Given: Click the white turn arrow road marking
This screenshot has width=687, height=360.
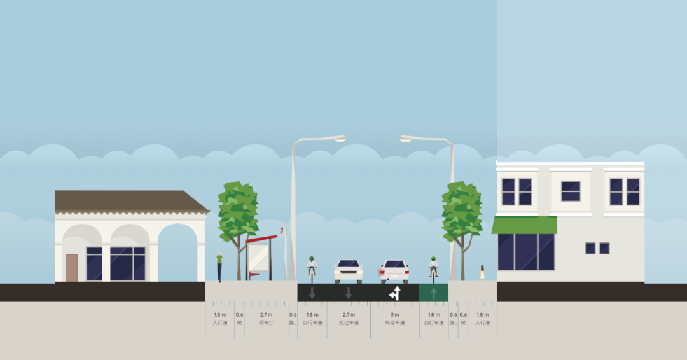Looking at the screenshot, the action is coord(395,293).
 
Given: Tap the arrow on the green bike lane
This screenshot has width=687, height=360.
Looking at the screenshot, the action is coord(434,293).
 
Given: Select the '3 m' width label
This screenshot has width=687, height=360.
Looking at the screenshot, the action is coord(394,315).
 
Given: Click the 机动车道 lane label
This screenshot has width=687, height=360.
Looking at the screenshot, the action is coord(349,323).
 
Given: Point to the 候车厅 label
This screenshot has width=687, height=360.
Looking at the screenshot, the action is coord(266,323).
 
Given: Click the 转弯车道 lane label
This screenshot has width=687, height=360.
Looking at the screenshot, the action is coord(394,323).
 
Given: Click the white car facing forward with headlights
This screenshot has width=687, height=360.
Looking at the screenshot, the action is coord(349,271).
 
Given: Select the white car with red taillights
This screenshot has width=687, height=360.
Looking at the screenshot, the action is coord(394,271).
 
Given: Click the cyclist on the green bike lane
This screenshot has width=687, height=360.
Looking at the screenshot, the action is coord(433,267).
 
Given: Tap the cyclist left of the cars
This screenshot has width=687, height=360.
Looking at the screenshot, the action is coord(312,267).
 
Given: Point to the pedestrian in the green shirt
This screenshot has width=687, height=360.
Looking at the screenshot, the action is coord(219,267).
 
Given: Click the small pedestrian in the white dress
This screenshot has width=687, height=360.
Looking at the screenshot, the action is coord(482,272).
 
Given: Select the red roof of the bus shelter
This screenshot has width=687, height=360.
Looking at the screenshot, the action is coord(263,239).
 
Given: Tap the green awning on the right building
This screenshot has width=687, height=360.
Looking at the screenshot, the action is coord(524,225).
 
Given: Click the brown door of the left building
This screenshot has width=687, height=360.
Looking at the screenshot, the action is coord(71,268).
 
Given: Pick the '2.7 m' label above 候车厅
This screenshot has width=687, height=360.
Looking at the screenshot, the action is coord(266,315).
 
